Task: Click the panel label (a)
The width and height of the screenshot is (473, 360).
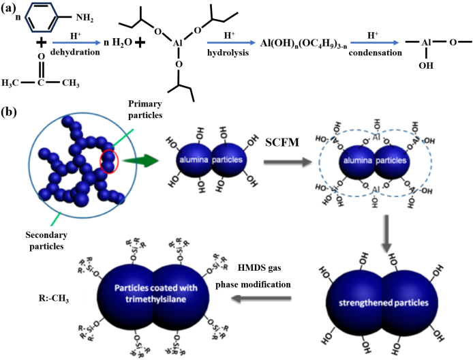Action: point(12,8)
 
